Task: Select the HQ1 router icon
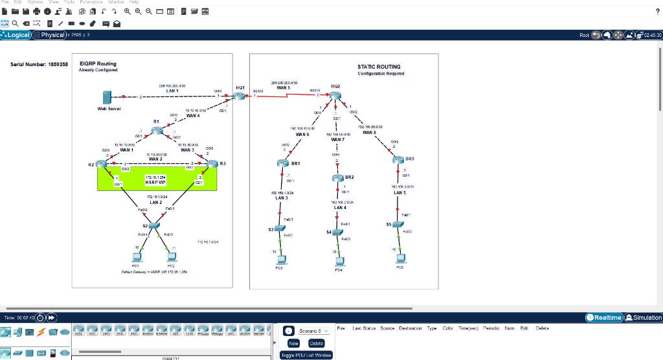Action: (x=240, y=96)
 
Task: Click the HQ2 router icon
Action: (x=335, y=96)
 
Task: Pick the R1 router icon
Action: (x=157, y=130)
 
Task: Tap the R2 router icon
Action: (x=104, y=164)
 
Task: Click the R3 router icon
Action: (x=212, y=164)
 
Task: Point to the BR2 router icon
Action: (x=337, y=177)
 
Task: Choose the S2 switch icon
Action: (x=153, y=225)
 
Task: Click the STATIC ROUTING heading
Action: (x=379, y=67)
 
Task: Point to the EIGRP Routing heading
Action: (x=98, y=64)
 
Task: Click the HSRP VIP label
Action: (x=155, y=183)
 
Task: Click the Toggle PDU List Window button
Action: (x=306, y=355)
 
